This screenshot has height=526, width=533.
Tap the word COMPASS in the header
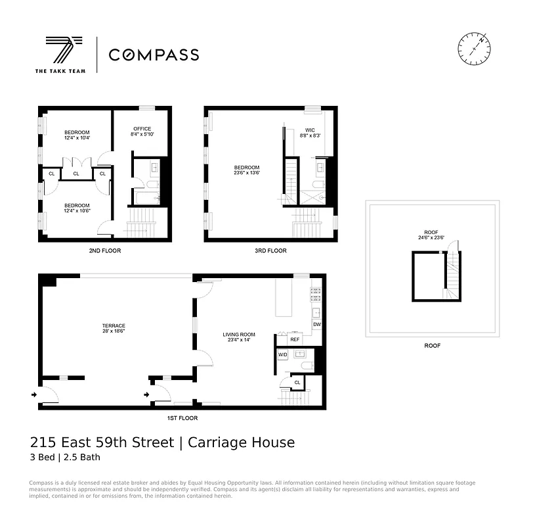click(154, 55)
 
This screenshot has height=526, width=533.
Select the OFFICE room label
click(142, 129)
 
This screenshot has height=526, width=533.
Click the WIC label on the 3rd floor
click(310, 130)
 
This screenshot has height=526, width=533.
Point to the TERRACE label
click(114, 325)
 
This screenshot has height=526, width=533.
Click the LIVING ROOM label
click(238, 335)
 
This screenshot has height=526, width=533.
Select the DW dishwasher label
click(316, 325)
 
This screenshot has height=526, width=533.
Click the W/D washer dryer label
click(283, 355)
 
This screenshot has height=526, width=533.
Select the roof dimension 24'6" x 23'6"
click(431, 238)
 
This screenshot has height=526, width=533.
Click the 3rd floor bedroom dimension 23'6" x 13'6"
click(247, 174)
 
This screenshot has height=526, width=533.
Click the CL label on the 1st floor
click(297, 382)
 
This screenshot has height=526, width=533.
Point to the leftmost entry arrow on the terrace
click(33, 394)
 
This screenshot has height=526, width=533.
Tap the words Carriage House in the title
click(241, 442)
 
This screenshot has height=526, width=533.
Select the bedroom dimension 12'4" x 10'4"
click(77, 138)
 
